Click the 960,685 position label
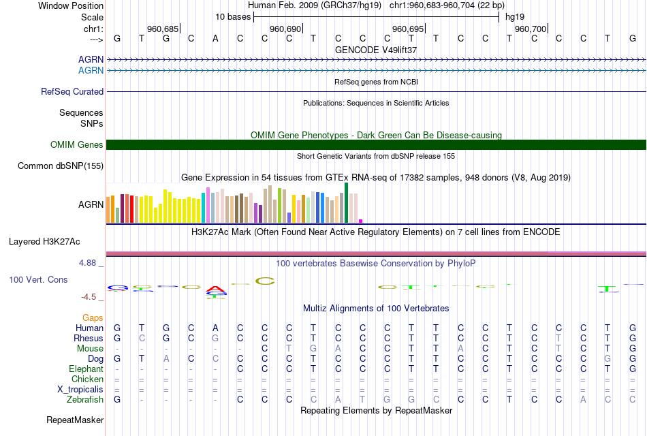tap(163, 29)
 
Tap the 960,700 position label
tap(531, 29)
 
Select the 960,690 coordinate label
tap(285, 29)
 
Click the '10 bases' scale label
tap(233, 16)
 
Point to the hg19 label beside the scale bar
tap(515, 16)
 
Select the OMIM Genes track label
tap(77, 144)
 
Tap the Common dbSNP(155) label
tap(61, 166)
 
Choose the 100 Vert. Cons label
tap(38, 279)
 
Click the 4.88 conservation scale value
tap(91, 262)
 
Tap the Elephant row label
tap(86, 369)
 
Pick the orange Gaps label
tap(93, 317)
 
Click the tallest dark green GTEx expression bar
tap(347, 202)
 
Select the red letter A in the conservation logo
tap(216, 289)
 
